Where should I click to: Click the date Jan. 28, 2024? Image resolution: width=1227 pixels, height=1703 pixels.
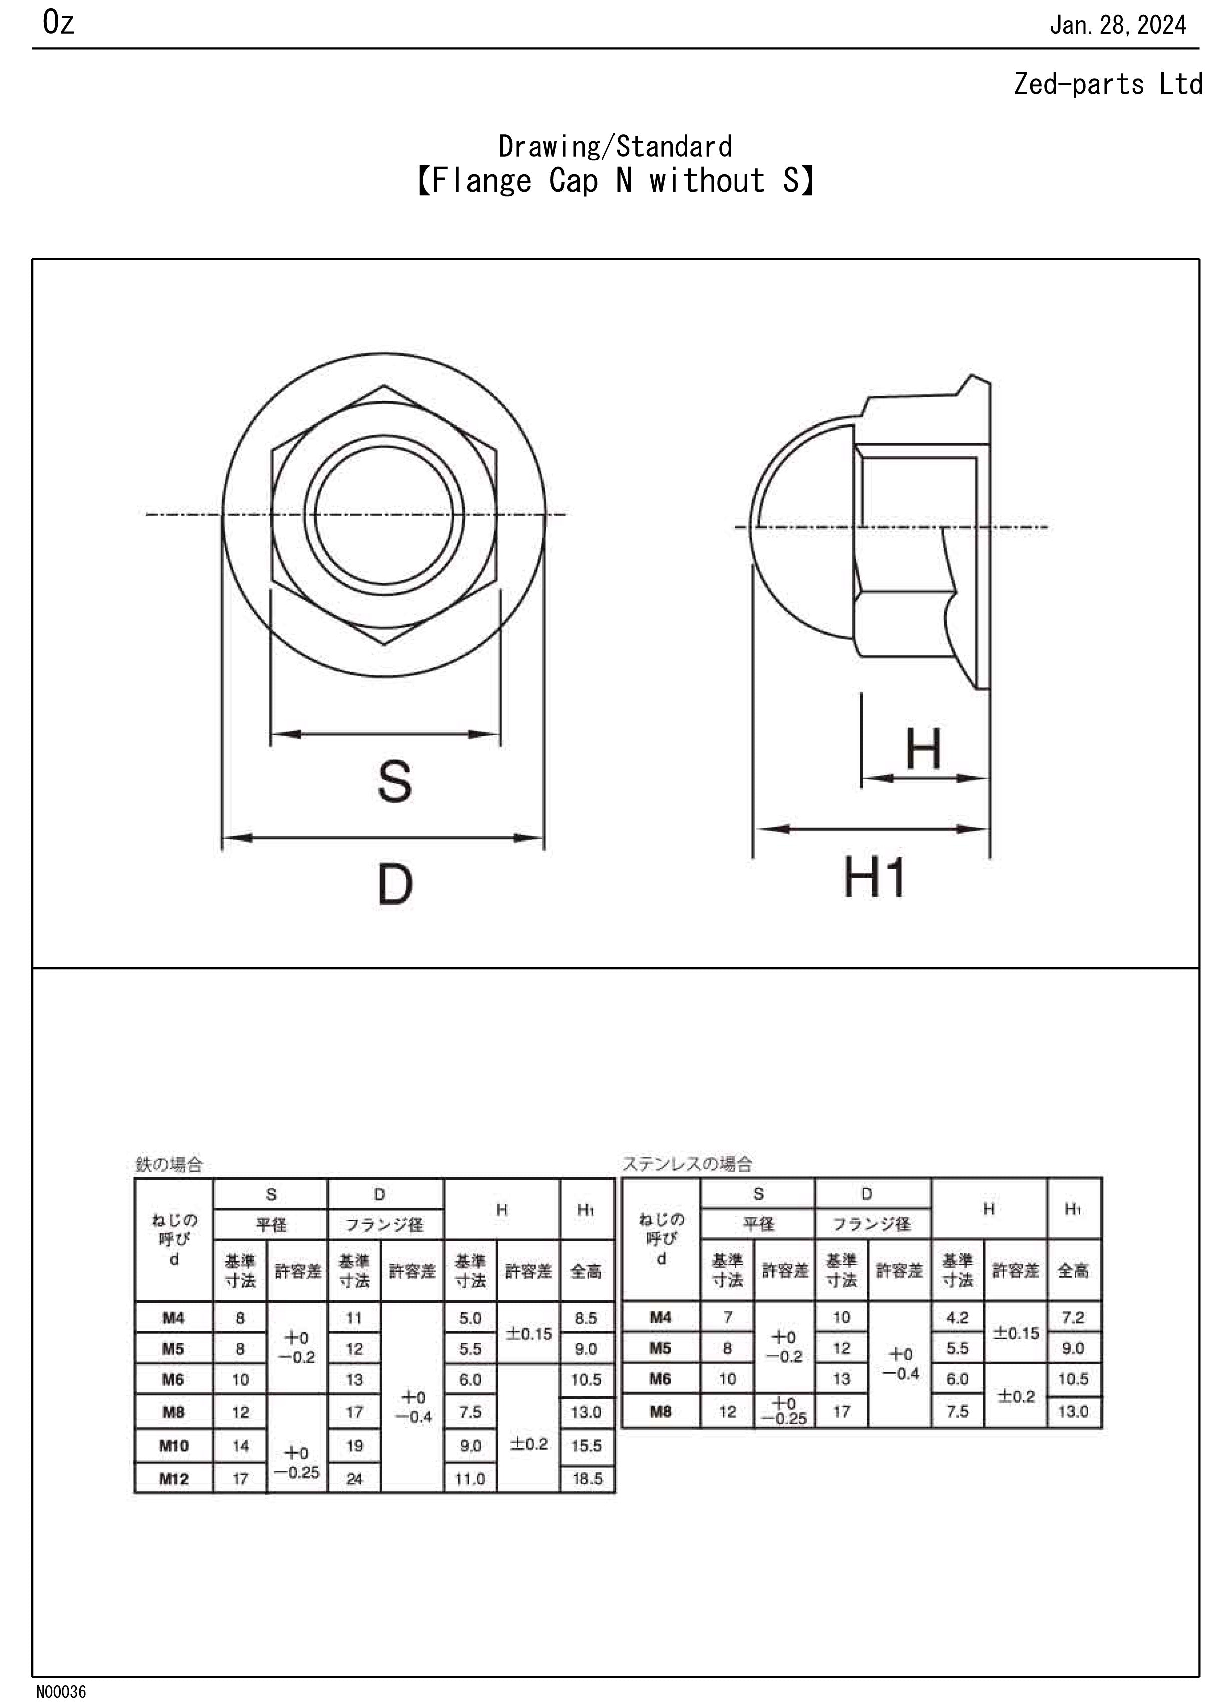pyautogui.click(x=1117, y=26)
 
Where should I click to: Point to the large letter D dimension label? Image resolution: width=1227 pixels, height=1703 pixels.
pyautogui.click(x=395, y=884)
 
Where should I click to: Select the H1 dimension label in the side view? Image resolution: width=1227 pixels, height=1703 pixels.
pyautogui.click(x=874, y=877)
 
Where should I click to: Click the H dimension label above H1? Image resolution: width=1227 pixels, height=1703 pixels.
pyautogui.click(x=923, y=749)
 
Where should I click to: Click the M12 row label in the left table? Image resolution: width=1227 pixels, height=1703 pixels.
pyautogui.click(x=173, y=1479)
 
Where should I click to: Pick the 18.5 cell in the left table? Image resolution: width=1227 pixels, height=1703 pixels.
pyautogui.click(x=587, y=1479)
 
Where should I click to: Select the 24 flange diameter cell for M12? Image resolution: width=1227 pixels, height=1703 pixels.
pyautogui.click(x=354, y=1479)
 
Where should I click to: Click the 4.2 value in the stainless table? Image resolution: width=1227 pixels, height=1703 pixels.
pyautogui.click(x=958, y=1317)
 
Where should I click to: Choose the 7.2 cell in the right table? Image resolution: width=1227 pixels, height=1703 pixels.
pyautogui.click(x=1073, y=1317)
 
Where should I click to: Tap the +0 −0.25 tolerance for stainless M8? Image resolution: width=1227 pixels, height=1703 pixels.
pyautogui.click(x=784, y=1410)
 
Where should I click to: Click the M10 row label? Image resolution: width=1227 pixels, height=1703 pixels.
pyautogui.click(x=173, y=1446)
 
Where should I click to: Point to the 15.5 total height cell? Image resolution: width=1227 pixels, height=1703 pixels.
pyautogui.click(x=587, y=1446)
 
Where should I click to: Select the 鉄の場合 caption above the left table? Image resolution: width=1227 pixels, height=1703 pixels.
pyautogui.click(x=169, y=1164)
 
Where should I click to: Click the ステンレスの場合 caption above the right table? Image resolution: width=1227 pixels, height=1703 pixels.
pyautogui.click(x=687, y=1164)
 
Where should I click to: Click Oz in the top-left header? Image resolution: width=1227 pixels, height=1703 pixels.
pyautogui.click(x=58, y=23)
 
